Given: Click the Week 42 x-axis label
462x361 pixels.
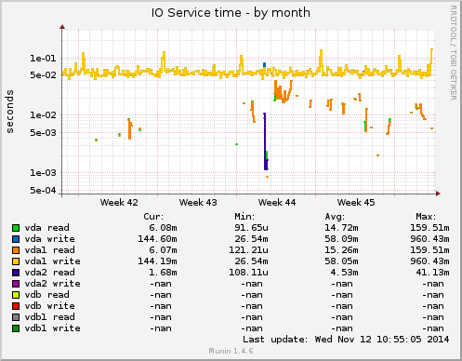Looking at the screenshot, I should [119, 201].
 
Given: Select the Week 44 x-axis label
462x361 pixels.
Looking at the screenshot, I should [277, 201].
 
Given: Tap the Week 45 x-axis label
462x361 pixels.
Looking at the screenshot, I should [356, 201].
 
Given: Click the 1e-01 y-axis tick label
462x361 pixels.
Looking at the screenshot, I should [42, 58].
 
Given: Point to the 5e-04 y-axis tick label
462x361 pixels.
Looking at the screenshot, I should [42, 191].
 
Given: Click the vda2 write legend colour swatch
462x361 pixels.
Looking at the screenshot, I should [16, 283].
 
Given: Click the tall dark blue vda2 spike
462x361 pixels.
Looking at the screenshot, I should [265, 140].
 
